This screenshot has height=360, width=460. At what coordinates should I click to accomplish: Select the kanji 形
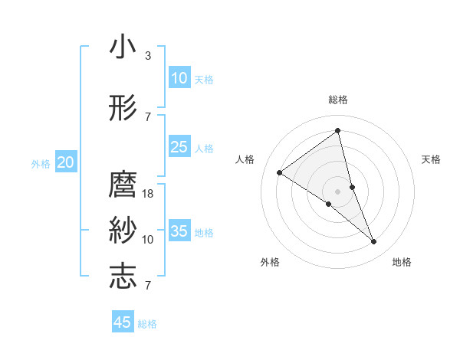pyautogui.click(x=123, y=107)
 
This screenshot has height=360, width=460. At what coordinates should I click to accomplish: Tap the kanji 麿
pyautogui.click(x=123, y=185)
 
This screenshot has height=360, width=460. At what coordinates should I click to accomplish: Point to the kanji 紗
pyautogui.click(x=123, y=230)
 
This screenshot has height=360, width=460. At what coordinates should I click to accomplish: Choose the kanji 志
pyautogui.click(x=123, y=276)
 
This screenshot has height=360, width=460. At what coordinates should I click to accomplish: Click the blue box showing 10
pyautogui.click(x=179, y=78)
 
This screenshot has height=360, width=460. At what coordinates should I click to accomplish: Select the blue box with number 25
pyautogui.click(x=179, y=147)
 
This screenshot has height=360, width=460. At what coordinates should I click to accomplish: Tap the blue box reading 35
pyautogui.click(x=179, y=231)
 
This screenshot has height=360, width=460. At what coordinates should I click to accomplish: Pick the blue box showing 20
pyautogui.click(x=66, y=162)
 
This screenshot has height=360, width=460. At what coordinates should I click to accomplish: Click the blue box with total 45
pyautogui.click(x=123, y=322)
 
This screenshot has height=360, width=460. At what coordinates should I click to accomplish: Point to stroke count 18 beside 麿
pyautogui.click(x=148, y=194)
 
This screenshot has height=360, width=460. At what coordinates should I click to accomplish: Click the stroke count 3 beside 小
pyautogui.click(x=148, y=56)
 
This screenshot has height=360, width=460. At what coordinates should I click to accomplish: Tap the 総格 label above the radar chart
pyautogui.click(x=337, y=100)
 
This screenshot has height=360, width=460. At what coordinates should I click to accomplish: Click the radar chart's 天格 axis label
pyautogui.click(x=432, y=159)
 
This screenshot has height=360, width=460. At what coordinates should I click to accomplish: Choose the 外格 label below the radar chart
pyautogui.click(x=270, y=262)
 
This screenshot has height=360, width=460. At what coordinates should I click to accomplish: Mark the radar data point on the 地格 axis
pyautogui.click(x=374, y=242)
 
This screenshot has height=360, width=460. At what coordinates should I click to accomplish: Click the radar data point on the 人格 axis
pyautogui.click(x=279, y=172)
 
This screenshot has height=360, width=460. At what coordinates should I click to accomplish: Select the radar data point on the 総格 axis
pyautogui.click(x=337, y=131)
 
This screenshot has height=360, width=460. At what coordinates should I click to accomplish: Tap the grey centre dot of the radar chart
pyautogui.click(x=337, y=191)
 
